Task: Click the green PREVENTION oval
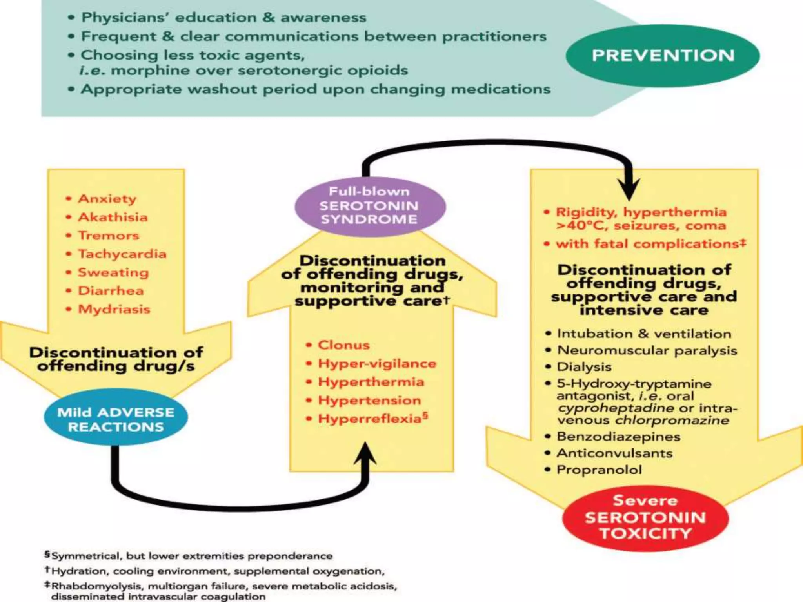pyautogui.click(x=663, y=56)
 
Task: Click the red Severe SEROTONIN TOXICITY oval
pyautogui.click(x=645, y=517)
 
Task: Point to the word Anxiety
pyautogui.click(x=107, y=199)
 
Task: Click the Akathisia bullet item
pyautogui.click(x=113, y=217)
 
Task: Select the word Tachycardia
pyautogui.click(x=122, y=254)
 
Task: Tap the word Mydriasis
pyautogui.click(x=114, y=309)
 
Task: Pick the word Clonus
pyautogui.click(x=343, y=345)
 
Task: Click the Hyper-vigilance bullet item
pyautogui.click(x=377, y=363)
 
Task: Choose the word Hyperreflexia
pyautogui.click(x=369, y=419)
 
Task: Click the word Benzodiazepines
pyautogui.click(x=618, y=437)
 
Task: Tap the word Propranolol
pyautogui.click(x=599, y=470)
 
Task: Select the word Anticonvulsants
pyautogui.click(x=614, y=453)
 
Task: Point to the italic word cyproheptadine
pyautogui.click(x=616, y=408)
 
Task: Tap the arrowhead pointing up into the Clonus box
pyautogui.click(x=365, y=455)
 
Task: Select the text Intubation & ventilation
pyautogui.click(x=644, y=334)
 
